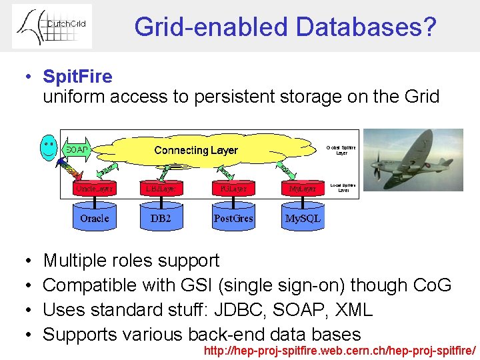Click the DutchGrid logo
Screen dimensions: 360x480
pos(52,26)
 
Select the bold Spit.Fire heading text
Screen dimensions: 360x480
pos(77,77)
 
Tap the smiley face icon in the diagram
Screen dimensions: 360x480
pos(49,148)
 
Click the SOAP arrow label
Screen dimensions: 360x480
pos(77,149)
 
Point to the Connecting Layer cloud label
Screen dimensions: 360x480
pos(196,150)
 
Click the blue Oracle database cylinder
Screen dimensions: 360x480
pos(94,218)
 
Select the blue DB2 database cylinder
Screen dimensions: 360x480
pos(161,218)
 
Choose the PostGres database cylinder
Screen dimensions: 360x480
pos(233,218)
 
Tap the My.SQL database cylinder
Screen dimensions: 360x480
pos(303,218)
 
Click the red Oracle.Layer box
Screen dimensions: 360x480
pos(94,189)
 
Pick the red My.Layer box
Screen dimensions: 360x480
pos(303,189)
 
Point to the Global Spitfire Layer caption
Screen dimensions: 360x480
pos(341,150)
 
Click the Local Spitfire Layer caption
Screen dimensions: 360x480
pos(343,187)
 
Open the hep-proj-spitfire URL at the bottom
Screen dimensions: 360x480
pos(340,351)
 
